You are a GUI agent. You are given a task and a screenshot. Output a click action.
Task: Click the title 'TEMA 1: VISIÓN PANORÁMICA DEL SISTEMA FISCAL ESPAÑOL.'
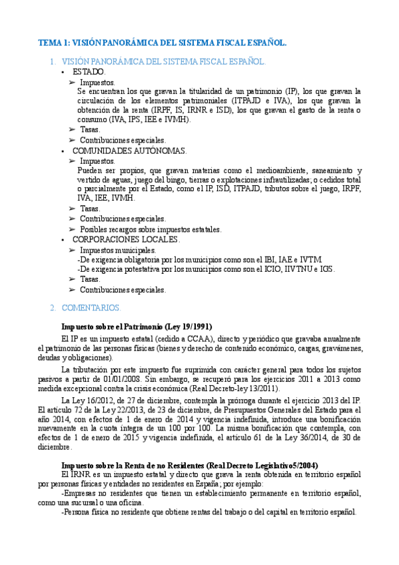pyautogui.click(x=162, y=43)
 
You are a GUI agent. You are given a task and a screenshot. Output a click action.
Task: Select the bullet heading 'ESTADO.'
pyautogui.click(x=89, y=71)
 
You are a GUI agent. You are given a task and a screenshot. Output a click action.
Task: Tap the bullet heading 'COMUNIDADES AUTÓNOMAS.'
pyautogui.click(x=130, y=151)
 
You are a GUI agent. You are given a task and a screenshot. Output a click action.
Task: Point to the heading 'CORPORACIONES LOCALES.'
pyautogui.click(x=127, y=239)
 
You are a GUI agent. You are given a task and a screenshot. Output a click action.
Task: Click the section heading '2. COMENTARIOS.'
pyautogui.click(x=86, y=308)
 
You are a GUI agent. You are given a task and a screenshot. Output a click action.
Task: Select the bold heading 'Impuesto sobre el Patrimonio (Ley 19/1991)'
pyautogui.click(x=136, y=327)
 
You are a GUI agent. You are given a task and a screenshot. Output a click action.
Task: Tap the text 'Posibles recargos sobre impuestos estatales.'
pyautogui.click(x=151, y=229)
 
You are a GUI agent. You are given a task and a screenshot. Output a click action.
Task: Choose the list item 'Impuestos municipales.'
pyautogui.click(x=117, y=250)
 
